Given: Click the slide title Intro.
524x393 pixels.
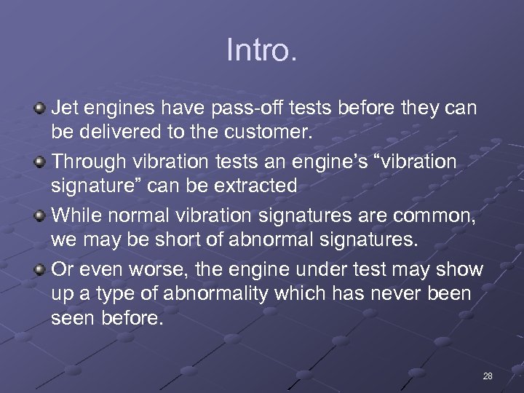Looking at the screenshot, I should (261, 51).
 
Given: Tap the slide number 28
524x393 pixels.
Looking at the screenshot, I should (488, 376).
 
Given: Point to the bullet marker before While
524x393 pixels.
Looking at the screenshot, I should (39, 215).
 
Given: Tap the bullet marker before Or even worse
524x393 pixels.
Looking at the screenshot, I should (39, 269).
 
